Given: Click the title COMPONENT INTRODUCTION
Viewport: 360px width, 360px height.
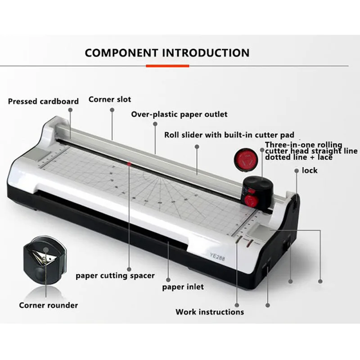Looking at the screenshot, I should (167, 53).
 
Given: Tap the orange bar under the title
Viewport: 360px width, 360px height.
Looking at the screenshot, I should (167, 66).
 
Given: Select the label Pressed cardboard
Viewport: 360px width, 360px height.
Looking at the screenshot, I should (43, 101).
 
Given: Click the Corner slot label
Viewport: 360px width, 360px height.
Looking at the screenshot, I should (110, 99).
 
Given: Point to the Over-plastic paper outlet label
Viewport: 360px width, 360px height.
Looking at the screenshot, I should (179, 114).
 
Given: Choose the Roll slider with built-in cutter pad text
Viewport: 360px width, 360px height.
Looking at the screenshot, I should (229, 135).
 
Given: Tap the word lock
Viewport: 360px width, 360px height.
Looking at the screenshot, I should (310, 170).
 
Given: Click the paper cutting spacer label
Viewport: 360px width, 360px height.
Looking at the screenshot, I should (115, 275).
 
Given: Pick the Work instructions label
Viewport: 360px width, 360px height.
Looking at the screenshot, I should (210, 312).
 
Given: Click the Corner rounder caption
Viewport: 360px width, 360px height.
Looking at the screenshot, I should (48, 305).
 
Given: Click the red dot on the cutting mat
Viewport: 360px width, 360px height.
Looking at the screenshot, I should (129, 165).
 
